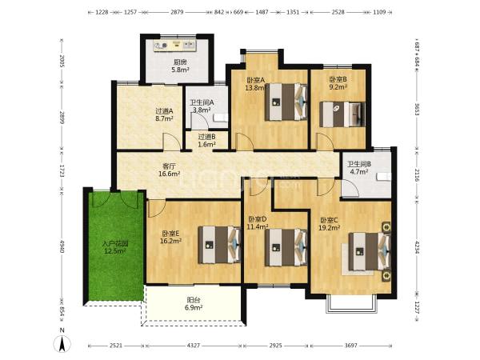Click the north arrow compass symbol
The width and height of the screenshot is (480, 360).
pyautogui.click(x=62, y=343)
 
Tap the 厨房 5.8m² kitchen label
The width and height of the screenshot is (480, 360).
pyautogui.click(x=180, y=66)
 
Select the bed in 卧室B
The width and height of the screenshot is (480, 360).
pyautogui.click(x=342, y=114)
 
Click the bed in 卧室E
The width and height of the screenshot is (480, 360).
pyautogui.click(x=219, y=245)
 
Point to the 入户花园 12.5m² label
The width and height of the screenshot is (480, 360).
pyautogui.click(x=115, y=248)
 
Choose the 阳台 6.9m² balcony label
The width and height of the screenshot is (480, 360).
pyautogui.click(x=194, y=304)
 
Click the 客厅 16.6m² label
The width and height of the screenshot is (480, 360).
pyautogui.click(x=169, y=170)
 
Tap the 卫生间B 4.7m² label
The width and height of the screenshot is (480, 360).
pyautogui.click(x=359, y=168)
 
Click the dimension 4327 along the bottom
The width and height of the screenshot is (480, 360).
pyautogui.click(x=193, y=346)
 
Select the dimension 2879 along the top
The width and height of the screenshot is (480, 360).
pyautogui.click(x=177, y=12)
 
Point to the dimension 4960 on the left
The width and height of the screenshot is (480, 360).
pyautogui.click(x=62, y=246)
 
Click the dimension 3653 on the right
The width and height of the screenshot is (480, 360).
pyautogui.click(x=417, y=109)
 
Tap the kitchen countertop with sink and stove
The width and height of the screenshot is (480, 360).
pyautogui.click(x=174, y=46)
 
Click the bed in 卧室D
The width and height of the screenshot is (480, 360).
pyautogui.click(x=286, y=248)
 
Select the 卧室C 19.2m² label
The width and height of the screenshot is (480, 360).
pyautogui.click(x=330, y=224)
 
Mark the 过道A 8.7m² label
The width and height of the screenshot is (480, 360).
pyautogui.click(x=164, y=114)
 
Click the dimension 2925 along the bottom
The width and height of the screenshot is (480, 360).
pyautogui.click(x=275, y=346)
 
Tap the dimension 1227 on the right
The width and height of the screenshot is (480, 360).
pyautogui.click(x=417, y=308)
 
